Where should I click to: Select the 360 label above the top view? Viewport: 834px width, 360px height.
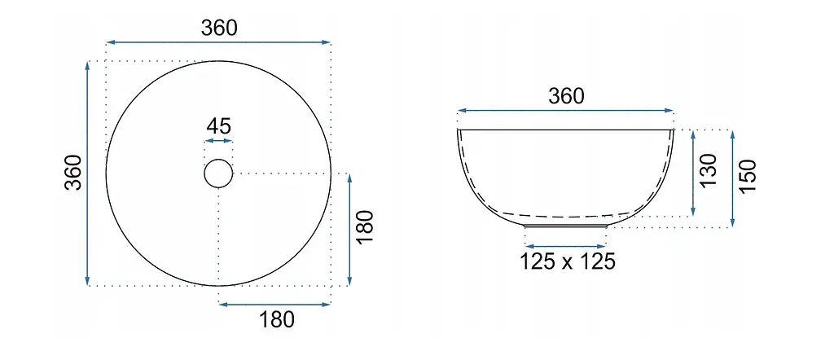[x=219, y=28]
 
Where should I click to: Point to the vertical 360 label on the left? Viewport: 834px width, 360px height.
[x=73, y=173]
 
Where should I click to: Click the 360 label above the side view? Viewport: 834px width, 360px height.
[x=566, y=96]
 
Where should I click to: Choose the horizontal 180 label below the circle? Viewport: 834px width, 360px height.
[x=277, y=319]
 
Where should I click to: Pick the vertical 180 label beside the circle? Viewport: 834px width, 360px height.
[x=366, y=227]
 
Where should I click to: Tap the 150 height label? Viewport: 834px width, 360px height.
[x=748, y=176]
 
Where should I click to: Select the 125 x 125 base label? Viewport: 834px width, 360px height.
[x=568, y=261]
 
